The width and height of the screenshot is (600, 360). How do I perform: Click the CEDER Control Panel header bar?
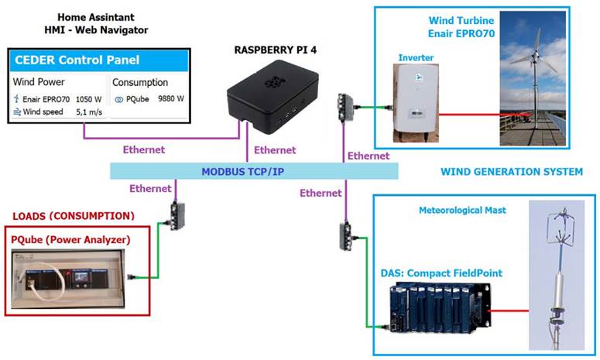(98, 61)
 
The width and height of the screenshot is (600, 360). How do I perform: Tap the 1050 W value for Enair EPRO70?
(89, 99)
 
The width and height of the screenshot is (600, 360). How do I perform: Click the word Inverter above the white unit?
(416, 57)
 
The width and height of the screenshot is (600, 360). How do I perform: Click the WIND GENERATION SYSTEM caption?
(511, 172)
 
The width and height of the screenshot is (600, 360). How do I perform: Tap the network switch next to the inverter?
(345, 106)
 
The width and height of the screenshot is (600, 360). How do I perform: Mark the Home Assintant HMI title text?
(96, 23)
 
